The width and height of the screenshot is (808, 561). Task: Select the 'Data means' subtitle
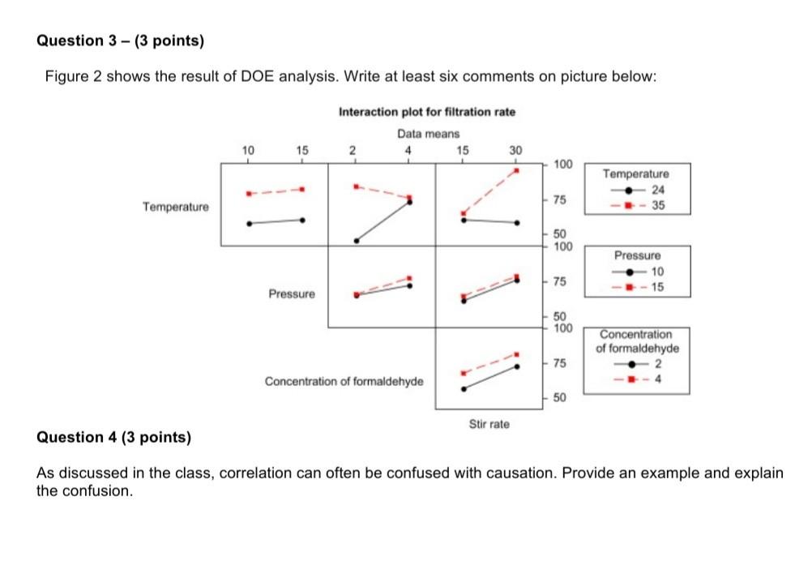428,133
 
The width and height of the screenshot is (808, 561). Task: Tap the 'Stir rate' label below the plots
489,424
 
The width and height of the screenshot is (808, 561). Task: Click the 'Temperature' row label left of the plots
175,207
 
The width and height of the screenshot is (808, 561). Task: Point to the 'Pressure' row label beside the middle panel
292,293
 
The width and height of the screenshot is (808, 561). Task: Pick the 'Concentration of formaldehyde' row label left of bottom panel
344,381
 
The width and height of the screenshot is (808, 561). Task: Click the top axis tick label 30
515,150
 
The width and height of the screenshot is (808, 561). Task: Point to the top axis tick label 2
352,150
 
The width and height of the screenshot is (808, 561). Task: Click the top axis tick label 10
248,150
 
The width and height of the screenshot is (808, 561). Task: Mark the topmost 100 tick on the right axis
562,165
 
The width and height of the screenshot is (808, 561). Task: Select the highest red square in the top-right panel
516,170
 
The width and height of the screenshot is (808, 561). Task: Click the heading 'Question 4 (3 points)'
114,438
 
